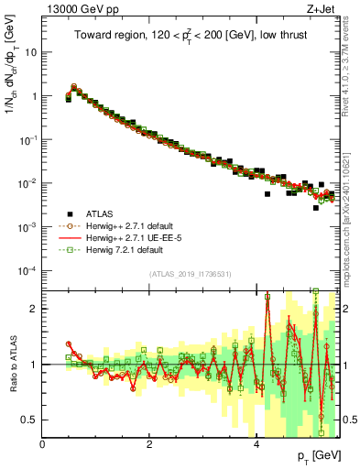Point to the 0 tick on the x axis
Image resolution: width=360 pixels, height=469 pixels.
click(x=42, y=444)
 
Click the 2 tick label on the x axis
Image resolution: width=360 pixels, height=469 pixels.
click(x=149, y=444)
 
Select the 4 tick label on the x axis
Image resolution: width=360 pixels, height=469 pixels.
click(x=256, y=444)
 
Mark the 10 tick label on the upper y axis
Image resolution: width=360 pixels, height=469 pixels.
click(x=30, y=52)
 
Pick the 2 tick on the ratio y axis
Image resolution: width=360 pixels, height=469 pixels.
click(x=34, y=309)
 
